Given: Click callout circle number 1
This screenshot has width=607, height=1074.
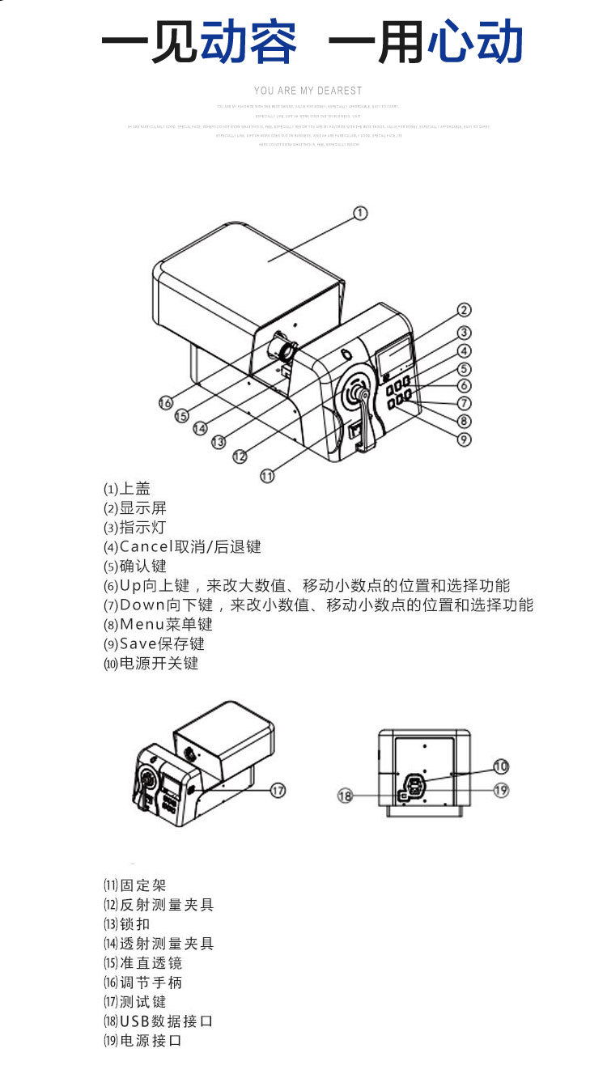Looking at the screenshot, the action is click(360, 213).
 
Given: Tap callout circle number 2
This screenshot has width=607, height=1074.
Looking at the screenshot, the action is click(463, 310).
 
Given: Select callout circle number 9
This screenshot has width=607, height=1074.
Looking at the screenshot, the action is click(463, 439).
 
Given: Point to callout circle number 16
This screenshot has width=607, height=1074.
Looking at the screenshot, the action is click(166, 402).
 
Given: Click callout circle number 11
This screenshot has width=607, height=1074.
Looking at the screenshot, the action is click(268, 475).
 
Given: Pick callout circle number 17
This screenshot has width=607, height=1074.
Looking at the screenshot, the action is click(278, 790).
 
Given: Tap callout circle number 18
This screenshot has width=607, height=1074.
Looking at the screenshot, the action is click(346, 796).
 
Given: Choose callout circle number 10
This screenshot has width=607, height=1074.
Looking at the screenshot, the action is click(501, 766).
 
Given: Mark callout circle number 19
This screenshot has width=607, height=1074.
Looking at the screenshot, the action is click(501, 790).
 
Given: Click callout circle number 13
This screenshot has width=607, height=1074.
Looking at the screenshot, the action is click(219, 442).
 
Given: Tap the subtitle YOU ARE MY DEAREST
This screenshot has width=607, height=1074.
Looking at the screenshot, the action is click(308, 91).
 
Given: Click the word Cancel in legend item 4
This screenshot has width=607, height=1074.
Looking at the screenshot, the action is click(146, 547).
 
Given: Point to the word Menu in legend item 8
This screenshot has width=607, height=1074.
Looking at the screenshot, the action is click(142, 625).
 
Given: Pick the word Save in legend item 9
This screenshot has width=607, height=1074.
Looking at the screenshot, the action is click(139, 644).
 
